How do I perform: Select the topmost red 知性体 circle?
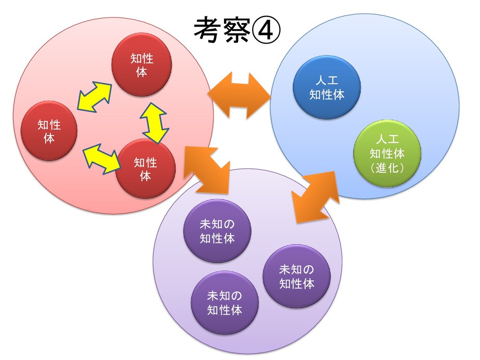[142, 65]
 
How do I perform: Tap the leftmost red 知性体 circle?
[49, 131]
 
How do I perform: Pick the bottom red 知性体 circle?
[146, 169]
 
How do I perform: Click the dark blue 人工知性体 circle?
[327, 88]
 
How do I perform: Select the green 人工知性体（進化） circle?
[387, 153]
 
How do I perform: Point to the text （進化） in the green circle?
[387, 168]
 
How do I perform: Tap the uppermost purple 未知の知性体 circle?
[217, 231]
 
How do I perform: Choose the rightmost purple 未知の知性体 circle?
[296, 277]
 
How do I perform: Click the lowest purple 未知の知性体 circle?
[225, 302]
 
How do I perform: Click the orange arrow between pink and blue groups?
[239, 95]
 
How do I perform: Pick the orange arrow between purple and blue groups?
[315, 196]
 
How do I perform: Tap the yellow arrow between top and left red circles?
[94, 97]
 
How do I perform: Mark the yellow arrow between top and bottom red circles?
[155, 122]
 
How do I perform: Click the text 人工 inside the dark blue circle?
[327, 81]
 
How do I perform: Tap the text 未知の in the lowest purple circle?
[225, 296]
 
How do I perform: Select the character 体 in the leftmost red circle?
[49, 139]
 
